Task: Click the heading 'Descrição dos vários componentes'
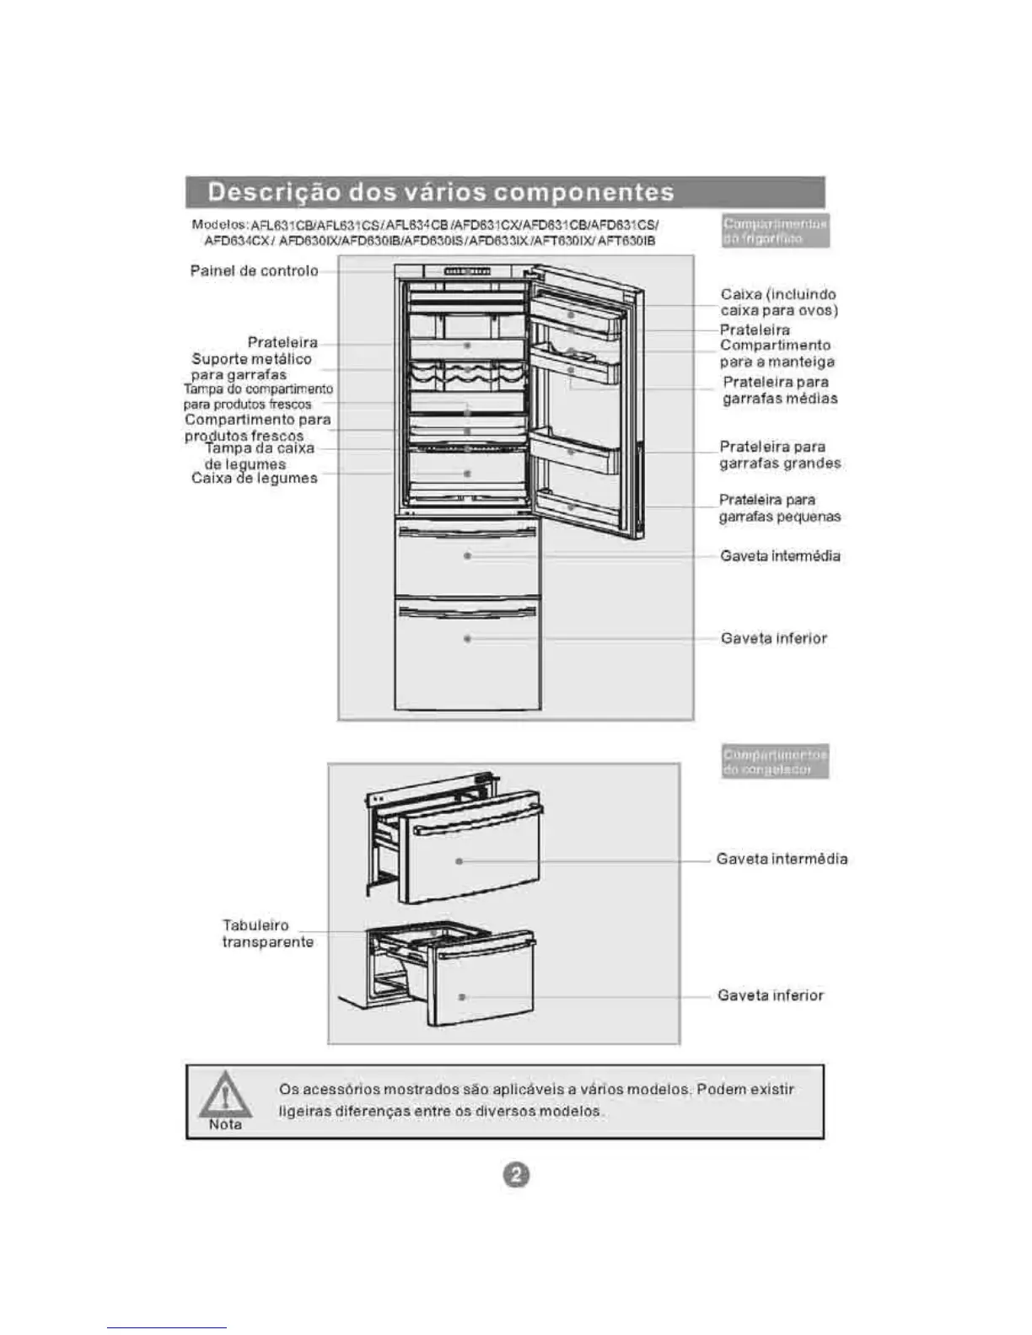coord(441,192)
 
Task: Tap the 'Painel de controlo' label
coord(254,271)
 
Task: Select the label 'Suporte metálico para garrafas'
coord(250,367)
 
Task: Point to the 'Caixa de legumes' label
coord(254,479)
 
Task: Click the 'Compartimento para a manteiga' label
coord(776,354)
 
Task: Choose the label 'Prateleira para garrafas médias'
coord(779,390)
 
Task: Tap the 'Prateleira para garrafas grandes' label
coord(779,455)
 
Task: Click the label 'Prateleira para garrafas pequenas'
coord(779,508)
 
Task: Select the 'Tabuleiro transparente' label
coord(266,934)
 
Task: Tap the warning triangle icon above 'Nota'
coord(225,1095)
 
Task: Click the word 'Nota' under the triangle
coord(225,1125)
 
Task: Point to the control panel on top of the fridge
coord(467,271)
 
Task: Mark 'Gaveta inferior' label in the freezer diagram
coord(770,995)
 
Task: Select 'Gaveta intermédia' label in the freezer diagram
coord(782,860)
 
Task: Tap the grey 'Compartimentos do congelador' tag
coord(775,761)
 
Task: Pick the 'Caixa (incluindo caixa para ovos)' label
coord(778,303)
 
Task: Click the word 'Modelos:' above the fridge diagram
coord(219,224)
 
